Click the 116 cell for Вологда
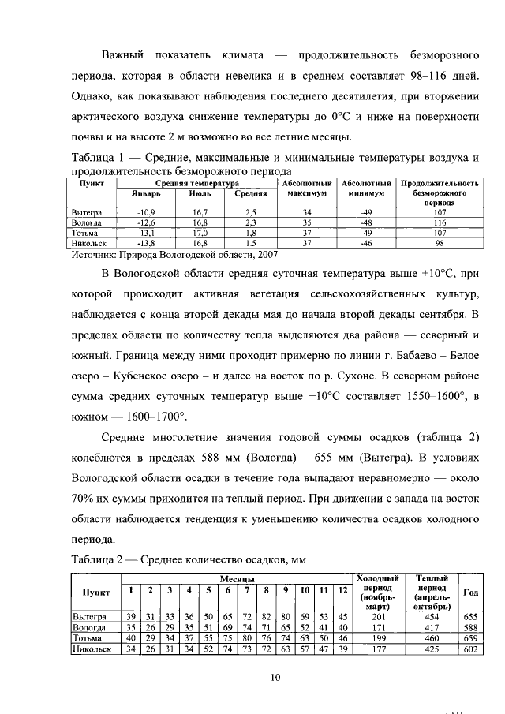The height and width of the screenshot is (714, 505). [x=440, y=223]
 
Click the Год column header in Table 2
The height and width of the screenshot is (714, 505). [x=471, y=592]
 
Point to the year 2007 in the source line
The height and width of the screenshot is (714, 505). [x=266, y=255]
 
